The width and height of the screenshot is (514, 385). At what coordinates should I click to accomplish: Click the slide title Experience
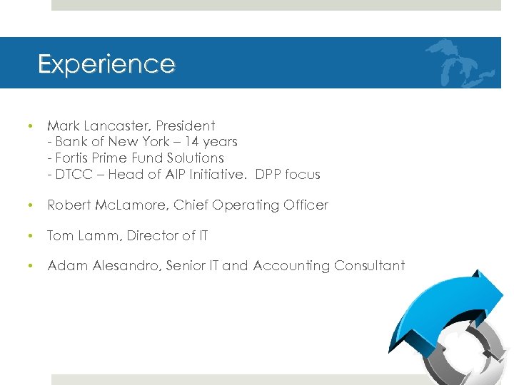pyautogui.click(x=106, y=64)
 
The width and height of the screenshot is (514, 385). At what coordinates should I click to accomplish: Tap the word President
pyautogui.click(x=186, y=126)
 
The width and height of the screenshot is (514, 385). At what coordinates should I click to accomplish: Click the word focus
pyautogui.click(x=302, y=174)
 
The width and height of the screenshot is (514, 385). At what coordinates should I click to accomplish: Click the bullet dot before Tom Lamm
pyautogui.click(x=30, y=236)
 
